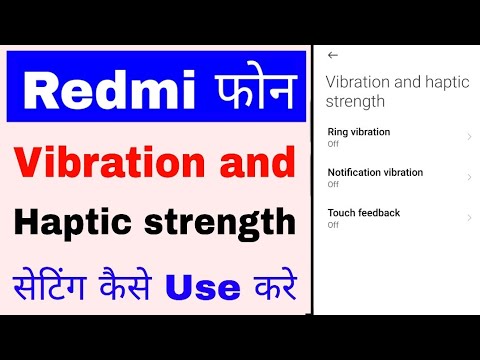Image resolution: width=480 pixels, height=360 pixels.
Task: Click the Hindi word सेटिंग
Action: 61,287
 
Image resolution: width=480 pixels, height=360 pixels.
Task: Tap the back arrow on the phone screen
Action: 333,55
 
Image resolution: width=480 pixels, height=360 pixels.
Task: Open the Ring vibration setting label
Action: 358,132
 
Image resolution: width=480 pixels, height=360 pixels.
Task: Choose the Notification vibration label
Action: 375,172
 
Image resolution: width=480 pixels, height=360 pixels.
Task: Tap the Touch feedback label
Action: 364,213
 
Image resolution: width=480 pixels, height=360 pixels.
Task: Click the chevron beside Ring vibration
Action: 469,137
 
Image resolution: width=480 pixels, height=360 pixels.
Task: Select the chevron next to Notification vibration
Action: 469,177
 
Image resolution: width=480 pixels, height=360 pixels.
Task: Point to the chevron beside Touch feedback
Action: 469,218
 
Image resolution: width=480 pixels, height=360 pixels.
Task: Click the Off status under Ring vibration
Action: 333,144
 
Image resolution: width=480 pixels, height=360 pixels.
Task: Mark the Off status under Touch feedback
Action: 333,225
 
